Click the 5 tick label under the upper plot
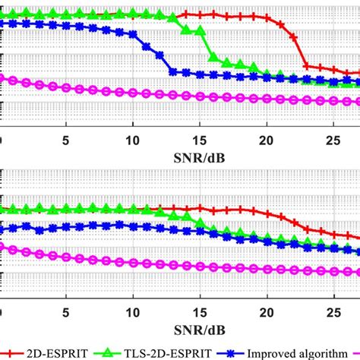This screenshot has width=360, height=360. click(x=66, y=140)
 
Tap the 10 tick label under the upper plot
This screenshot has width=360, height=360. click(x=132, y=140)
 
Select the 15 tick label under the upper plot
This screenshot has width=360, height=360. click(x=199, y=140)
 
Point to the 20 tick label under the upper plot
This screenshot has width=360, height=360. click(x=266, y=140)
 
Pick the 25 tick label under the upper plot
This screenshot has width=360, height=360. click(x=332, y=140)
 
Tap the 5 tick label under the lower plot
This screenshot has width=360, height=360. click(x=66, y=312)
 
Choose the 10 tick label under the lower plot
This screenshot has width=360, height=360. click(x=132, y=312)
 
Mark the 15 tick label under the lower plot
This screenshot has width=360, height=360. click(x=199, y=312)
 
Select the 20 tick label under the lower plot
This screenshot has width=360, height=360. click(x=266, y=312)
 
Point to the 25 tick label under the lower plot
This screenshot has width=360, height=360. click(x=332, y=312)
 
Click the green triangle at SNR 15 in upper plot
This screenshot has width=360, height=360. click(x=200, y=31)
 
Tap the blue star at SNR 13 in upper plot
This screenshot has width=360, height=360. click(x=173, y=72)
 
